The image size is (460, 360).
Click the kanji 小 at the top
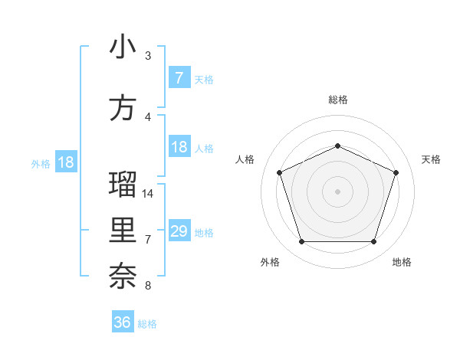[x=123, y=47]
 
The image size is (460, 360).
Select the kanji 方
[x=123, y=108]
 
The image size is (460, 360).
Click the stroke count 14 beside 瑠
[x=149, y=194]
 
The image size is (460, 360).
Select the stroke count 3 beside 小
[x=148, y=56]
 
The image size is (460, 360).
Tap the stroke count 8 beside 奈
[x=148, y=286]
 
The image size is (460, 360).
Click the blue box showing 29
[x=179, y=231]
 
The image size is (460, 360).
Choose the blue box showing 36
[x=123, y=322]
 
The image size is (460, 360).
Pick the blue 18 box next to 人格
[x=179, y=147]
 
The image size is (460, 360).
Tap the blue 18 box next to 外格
[x=66, y=162]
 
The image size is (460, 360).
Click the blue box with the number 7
[x=179, y=78]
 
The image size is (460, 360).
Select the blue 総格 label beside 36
[x=147, y=324]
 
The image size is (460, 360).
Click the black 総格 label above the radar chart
[x=337, y=100]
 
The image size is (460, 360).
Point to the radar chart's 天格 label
[x=432, y=159]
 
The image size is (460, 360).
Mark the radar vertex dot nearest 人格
[x=279, y=172]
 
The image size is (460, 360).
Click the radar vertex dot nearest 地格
[x=373, y=241]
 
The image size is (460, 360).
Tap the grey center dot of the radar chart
[x=337, y=191]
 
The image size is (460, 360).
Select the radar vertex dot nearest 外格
[x=301, y=241]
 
